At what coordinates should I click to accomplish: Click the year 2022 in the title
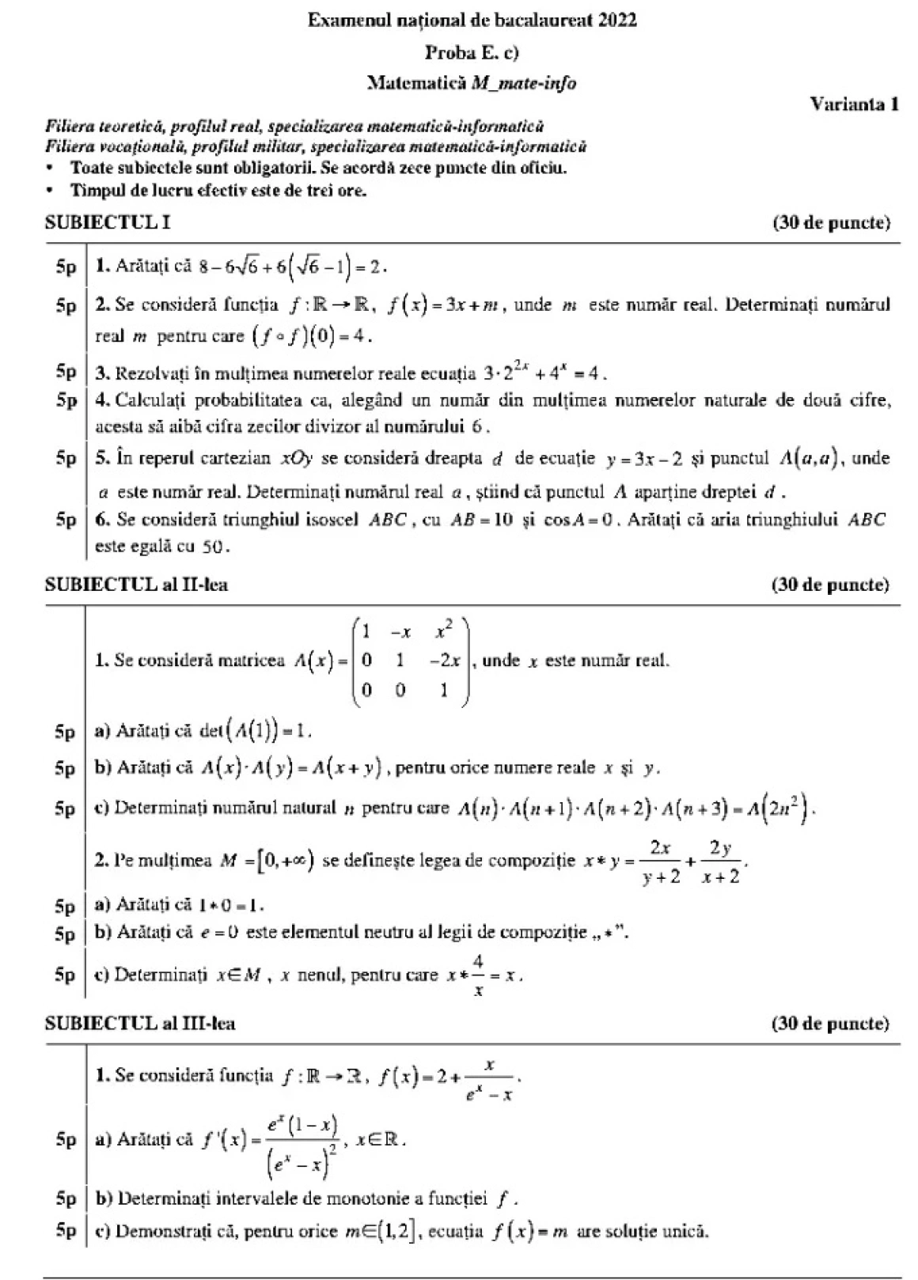617,21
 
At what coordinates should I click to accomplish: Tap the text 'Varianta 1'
854,104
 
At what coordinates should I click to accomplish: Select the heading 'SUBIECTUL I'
108,222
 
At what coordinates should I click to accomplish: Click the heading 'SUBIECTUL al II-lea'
137,585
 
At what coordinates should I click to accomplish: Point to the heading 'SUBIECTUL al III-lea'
140,1023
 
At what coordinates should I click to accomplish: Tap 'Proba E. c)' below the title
472,52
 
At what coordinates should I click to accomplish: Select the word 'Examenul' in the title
343,21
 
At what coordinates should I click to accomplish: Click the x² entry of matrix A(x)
444,631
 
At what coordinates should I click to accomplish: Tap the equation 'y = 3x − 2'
644,459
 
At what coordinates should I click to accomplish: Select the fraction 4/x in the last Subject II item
478,976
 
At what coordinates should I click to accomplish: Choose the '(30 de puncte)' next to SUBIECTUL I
831,222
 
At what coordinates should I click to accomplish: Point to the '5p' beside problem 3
66,371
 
